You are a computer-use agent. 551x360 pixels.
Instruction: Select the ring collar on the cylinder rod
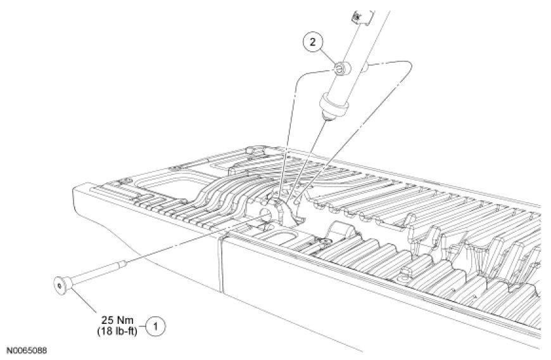[334, 102]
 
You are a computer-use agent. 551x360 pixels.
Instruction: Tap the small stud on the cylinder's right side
[368, 65]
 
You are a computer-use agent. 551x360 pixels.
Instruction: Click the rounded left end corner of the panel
[79, 190]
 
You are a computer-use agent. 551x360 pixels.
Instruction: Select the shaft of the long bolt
[95, 274]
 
